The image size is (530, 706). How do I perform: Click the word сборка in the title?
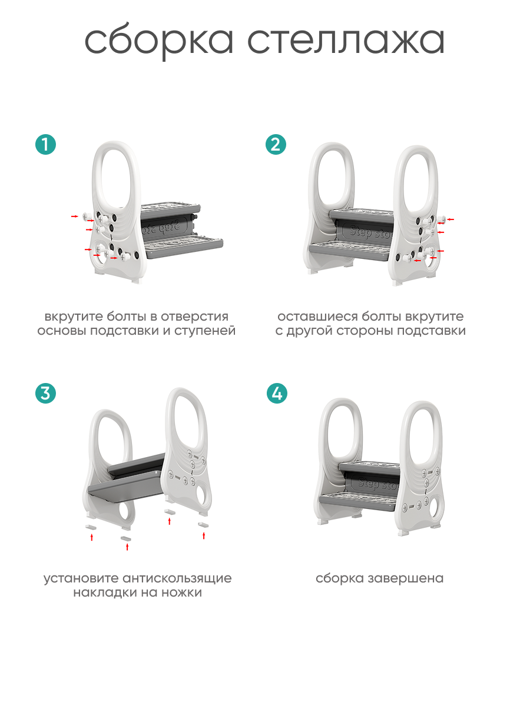pyautogui.click(x=159, y=42)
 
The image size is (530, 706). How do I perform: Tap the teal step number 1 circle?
pyautogui.click(x=45, y=144)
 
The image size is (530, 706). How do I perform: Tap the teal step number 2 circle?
pyautogui.click(x=276, y=144)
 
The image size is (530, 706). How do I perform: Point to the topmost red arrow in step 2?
pyautogui.click(x=450, y=219)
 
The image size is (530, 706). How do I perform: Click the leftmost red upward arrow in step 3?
pyautogui.click(x=91, y=537)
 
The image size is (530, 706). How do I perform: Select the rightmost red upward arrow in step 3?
pyautogui.click(x=204, y=535)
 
